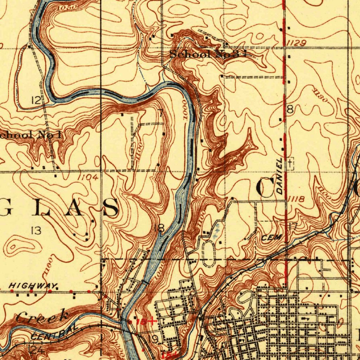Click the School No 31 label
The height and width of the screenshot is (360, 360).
[x=208, y=54]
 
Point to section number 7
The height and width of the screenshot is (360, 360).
[x=160, y=113]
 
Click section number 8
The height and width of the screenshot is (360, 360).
[x=290, y=110]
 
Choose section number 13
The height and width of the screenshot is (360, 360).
[x=36, y=231]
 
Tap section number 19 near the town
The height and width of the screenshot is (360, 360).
[x=155, y=339]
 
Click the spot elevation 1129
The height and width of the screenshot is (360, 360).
[x=296, y=43]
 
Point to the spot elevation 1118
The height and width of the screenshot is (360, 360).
[x=296, y=200]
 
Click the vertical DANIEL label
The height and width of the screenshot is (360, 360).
[x=280, y=176]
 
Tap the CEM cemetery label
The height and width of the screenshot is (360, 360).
[x=271, y=238]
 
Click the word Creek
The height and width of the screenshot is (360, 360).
[x=42, y=316]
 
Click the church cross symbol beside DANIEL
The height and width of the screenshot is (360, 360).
[x=289, y=163]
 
